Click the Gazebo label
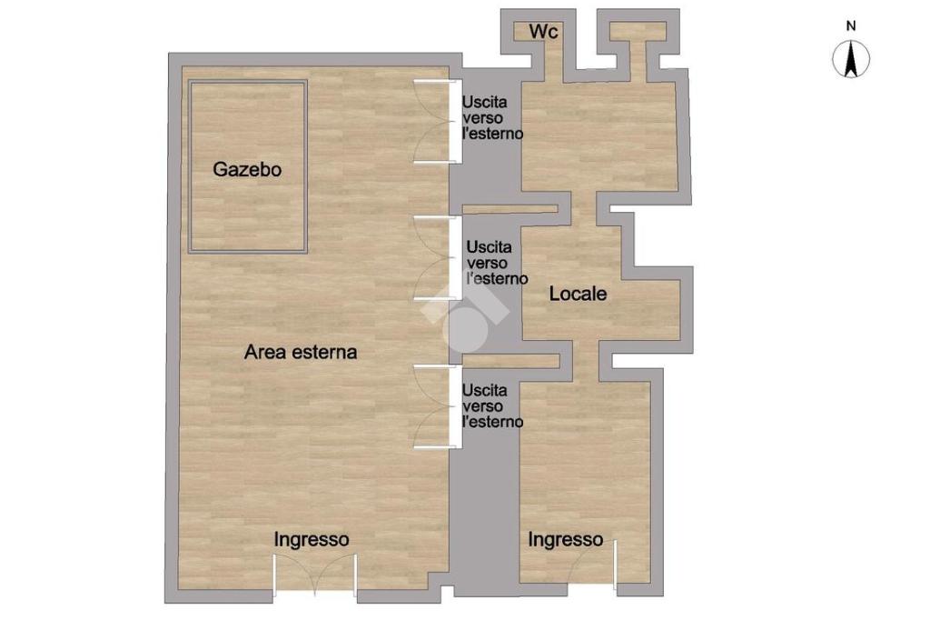[247, 169]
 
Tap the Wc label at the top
[543, 31]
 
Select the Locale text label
[578, 294]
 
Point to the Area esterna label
[301, 352]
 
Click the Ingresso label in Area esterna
[312, 540]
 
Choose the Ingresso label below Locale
[565, 540]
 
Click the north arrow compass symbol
[851, 59]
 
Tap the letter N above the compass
[851, 26]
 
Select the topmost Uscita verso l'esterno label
[492, 117]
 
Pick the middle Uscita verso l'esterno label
[497, 263]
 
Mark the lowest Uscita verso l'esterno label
[492, 406]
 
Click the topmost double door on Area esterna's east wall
[438, 121]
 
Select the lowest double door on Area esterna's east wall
[438, 406]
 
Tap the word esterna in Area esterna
[321, 352]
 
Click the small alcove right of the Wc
[638, 32]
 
